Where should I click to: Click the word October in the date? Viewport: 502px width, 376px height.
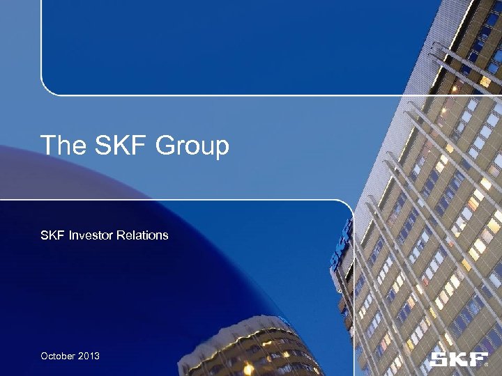tap(57, 356)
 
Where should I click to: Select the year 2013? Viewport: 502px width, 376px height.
tap(88, 356)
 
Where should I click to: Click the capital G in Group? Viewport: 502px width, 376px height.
tap(165, 146)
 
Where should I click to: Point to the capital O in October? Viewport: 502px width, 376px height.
tap(45, 356)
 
